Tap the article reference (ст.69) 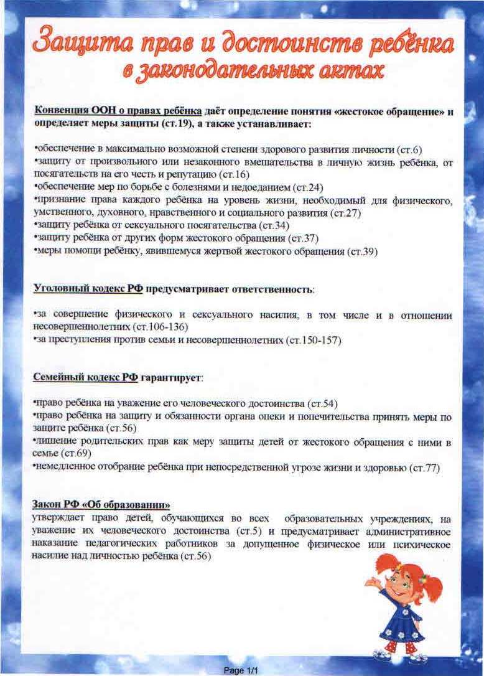[x=72, y=454]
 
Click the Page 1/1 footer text [x=241, y=670]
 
